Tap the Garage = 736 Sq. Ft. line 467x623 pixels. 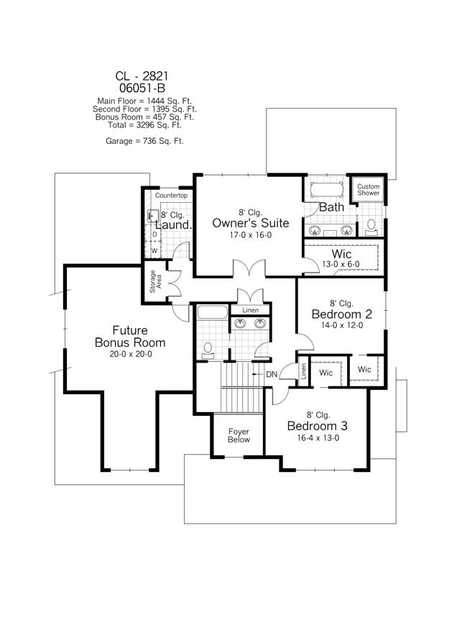(x=144, y=141)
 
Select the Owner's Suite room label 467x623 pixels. (x=241, y=223)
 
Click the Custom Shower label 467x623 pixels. (x=369, y=190)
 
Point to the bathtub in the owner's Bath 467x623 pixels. (x=325, y=190)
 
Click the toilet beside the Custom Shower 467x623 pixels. (x=371, y=225)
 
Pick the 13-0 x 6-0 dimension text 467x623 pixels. (x=341, y=264)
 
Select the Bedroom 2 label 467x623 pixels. (x=341, y=314)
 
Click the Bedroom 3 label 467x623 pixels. (x=318, y=425)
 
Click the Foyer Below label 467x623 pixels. (x=239, y=436)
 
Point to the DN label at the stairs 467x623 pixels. (x=272, y=374)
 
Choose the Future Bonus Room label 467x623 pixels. (x=130, y=337)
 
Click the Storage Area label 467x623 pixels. (x=156, y=282)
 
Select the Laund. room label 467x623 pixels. (x=174, y=225)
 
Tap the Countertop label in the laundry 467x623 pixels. (x=171, y=196)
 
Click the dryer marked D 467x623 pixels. (x=154, y=235)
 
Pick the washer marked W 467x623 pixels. (x=154, y=250)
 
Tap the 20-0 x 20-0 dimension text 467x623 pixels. (x=130, y=354)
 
